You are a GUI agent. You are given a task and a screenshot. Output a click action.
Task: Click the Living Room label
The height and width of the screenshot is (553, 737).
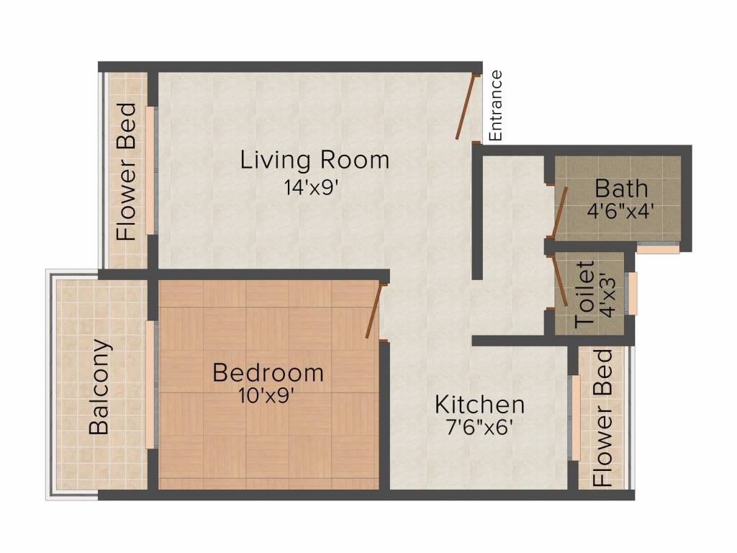pos(315,160)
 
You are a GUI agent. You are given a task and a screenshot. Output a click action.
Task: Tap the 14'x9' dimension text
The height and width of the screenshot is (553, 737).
pos(311,188)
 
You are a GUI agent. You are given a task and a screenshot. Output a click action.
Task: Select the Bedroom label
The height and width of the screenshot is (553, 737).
pos(268,373)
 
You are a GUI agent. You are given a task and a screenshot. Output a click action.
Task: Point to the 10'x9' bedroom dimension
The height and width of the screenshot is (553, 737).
pos(266,396)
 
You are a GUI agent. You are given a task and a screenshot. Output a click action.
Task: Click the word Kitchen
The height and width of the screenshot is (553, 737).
pos(479,405)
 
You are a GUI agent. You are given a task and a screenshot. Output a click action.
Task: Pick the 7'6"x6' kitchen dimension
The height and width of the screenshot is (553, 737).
pos(479,428)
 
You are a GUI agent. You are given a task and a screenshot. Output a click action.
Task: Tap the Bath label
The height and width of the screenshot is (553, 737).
pos(621,189)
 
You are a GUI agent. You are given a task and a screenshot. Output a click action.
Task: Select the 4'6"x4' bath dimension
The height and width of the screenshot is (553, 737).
pos(620,210)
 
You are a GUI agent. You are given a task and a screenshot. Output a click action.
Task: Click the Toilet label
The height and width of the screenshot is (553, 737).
pos(584,295)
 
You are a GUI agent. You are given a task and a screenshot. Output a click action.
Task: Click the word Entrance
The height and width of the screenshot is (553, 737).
pos(496,106)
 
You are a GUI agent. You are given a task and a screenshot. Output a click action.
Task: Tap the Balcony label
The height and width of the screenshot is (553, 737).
pos(99,387)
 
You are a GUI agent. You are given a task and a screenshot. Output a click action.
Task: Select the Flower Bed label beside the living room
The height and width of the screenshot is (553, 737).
pos(127,172)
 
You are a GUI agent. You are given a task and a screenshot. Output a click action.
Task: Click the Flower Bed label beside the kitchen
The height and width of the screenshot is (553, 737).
pos(602,418)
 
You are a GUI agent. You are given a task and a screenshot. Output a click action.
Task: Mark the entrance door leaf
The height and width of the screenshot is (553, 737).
pos(466,107)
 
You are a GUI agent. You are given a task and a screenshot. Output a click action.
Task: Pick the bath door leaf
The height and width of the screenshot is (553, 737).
pos(559,211)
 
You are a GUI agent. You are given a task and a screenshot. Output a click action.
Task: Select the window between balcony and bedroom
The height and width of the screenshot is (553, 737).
pos(150,385)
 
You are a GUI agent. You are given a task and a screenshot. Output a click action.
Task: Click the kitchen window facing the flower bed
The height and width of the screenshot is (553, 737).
pos(575,418)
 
